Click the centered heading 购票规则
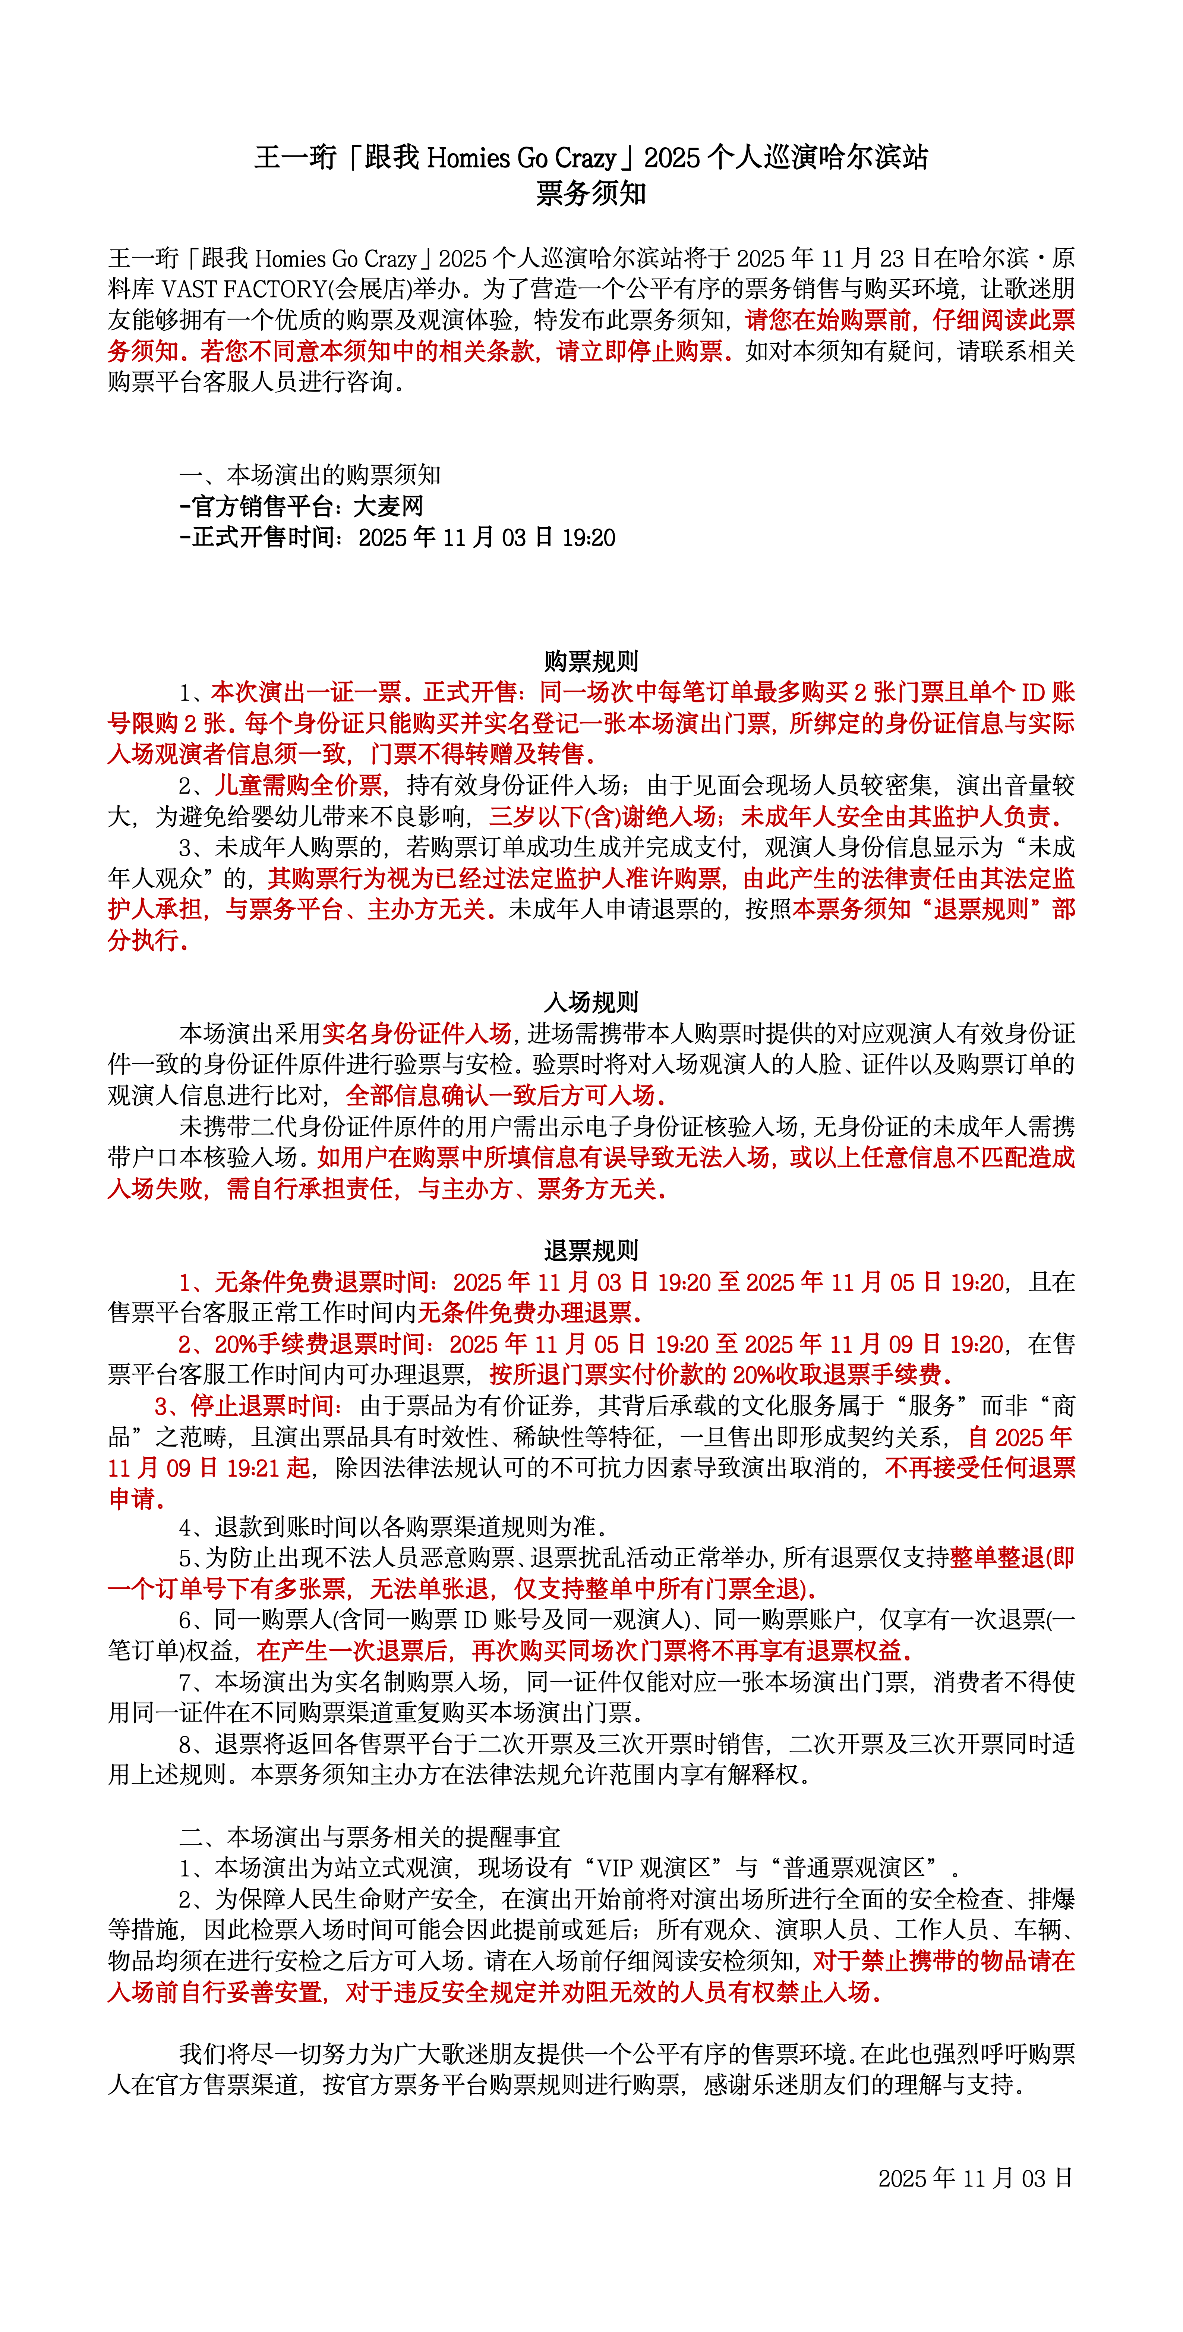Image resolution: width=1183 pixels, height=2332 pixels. coord(591,661)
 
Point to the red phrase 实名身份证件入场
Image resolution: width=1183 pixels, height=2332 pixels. coord(417,1034)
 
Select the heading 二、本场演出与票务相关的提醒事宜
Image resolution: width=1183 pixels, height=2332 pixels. coord(369,1837)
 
